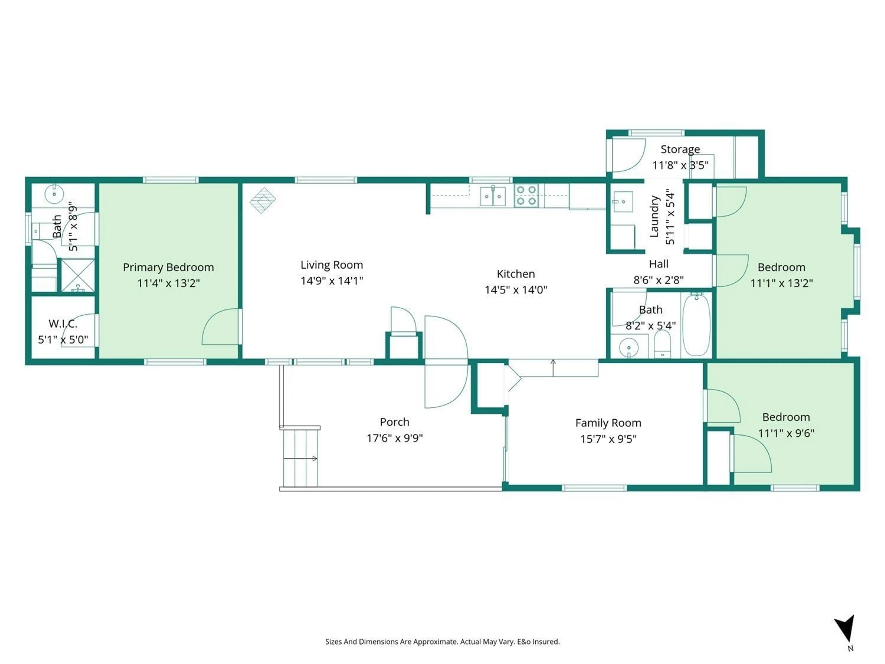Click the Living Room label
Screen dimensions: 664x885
pos(332,265)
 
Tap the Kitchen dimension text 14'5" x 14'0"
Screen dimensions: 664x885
pos(516,290)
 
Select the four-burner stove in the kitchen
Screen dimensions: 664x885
pos(526,195)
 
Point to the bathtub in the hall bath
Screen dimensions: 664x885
pos(696,325)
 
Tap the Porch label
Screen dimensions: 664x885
pos(395,422)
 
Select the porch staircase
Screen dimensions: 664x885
pos(300,457)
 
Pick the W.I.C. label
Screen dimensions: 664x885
pos(63,323)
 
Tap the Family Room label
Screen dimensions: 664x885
pos(608,423)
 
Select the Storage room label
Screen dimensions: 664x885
pos(680,149)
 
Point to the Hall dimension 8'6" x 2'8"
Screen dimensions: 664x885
pos(658,280)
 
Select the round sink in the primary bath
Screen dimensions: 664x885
pos(54,195)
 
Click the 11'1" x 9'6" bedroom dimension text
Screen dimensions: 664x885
pos(786,433)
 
